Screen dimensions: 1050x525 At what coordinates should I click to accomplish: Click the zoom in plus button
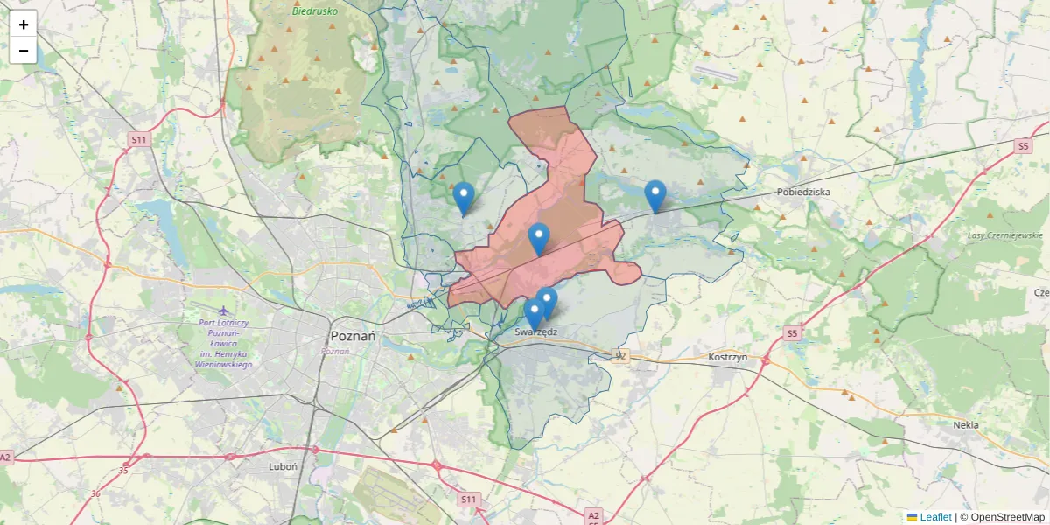(24, 24)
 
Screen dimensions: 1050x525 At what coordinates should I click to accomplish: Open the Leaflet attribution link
(934, 517)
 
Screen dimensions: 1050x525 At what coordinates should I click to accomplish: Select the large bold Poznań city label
(353, 336)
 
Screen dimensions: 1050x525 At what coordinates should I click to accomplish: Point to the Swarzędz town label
(536, 332)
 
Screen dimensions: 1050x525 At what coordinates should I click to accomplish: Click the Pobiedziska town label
(803, 192)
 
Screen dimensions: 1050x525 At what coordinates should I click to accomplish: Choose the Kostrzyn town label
(726, 359)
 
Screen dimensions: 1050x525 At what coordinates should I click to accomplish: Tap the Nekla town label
(966, 425)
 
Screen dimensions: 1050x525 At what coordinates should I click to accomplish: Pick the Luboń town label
(283, 466)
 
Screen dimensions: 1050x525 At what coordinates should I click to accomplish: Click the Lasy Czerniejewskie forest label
(1005, 235)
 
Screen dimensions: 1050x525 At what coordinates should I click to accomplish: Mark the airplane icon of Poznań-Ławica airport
(224, 310)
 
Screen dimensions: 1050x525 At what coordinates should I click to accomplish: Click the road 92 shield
(621, 355)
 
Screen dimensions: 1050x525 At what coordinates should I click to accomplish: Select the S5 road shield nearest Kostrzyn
(792, 333)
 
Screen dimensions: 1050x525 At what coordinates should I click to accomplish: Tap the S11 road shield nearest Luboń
(470, 499)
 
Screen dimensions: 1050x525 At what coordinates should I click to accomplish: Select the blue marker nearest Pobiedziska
(655, 195)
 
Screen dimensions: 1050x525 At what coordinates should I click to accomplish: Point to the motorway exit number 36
(95, 493)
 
